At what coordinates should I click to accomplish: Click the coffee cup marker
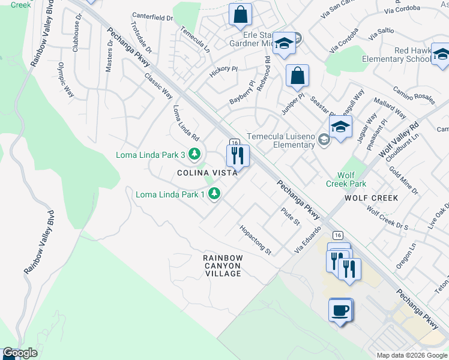[x=340, y=310]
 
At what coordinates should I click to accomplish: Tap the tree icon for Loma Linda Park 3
[x=194, y=155]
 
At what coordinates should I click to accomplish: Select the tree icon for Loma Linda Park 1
[x=213, y=194]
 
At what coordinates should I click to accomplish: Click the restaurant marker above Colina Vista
[x=237, y=155]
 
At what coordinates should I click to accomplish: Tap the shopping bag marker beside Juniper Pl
[x=297, y=76]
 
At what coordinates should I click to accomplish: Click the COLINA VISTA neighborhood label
[x=206, y=172]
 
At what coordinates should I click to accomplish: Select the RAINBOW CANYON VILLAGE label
[x=222, y=265]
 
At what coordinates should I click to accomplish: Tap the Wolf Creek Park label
[x=346, y=179]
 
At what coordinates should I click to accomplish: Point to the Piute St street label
[x=291, y=217]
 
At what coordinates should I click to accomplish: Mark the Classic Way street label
[x=158, y=86]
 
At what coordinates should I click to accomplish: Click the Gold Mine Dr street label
[x=403, y=181]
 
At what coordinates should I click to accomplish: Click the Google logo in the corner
[x=20, y=353]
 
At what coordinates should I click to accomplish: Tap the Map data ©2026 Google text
[x=411, y=355]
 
